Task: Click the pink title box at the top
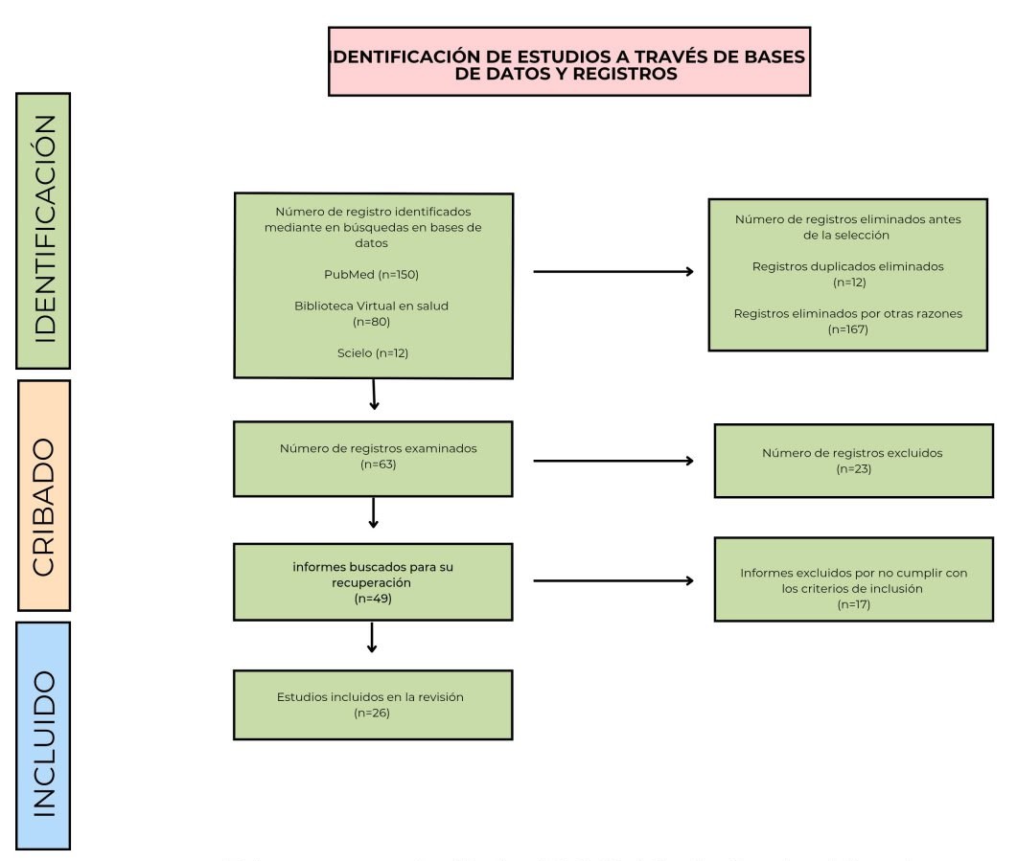pos(569,62)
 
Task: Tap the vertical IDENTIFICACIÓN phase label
pos(43,230)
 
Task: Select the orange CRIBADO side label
pos(43,494)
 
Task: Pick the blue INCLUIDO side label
pos(43,735)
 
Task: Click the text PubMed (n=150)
pos(373,275)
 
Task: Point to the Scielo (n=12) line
pos(373,352)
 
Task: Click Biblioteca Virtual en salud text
pos(373,306)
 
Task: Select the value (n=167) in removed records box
pos(848,329)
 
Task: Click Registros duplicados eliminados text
pos(848,266)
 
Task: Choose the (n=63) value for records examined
pos(378,464)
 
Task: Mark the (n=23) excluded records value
pos(853,468)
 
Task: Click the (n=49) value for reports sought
pos(373,599)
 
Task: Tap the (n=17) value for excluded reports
pos(853,604)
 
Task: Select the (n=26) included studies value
pos(373,713)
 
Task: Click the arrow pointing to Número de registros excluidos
pos(613,461)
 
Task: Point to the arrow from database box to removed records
pos(613,272)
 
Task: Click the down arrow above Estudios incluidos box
pos(372,639)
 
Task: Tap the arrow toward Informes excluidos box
pos(613,580)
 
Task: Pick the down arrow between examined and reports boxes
pos(373,512)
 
